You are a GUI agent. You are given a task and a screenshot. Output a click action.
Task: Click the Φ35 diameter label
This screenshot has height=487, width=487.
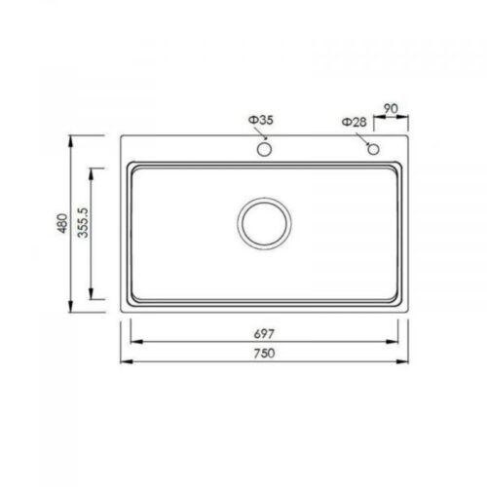pos(261,121)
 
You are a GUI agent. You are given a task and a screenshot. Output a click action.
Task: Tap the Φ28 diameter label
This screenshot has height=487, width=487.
pos(355,123)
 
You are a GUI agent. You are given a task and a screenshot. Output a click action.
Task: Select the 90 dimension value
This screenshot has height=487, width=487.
pos(390,110)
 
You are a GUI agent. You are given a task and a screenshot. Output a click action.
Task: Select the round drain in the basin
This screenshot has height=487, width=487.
pos(263,223)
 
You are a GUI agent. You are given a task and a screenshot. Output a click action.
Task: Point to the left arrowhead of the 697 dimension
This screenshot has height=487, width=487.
pos(132,340)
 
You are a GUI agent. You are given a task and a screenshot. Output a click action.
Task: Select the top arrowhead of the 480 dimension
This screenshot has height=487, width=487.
pos(76,140)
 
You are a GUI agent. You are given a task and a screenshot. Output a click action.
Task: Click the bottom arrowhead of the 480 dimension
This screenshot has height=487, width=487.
pos(76,309)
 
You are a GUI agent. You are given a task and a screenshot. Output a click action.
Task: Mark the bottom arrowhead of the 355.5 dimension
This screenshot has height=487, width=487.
pos(93,298)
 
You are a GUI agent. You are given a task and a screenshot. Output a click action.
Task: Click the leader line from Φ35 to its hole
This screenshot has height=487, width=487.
pos(261,134)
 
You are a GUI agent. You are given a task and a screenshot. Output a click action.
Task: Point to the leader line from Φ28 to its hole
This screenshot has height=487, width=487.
pos(363,137)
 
